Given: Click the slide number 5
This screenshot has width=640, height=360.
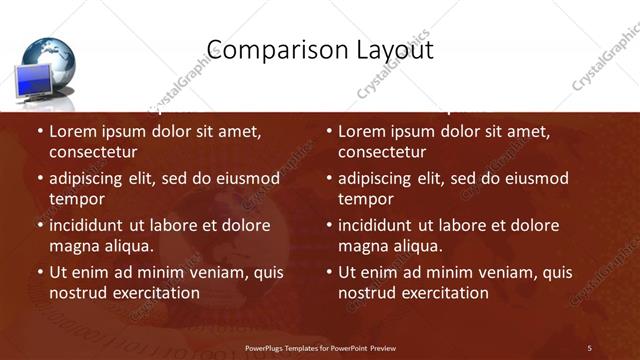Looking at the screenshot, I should point(590,347).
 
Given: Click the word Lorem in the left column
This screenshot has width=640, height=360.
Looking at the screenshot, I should point(75,131).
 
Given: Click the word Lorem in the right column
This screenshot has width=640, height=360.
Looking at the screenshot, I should point(364,131).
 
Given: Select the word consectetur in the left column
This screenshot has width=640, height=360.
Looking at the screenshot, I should point(93,152).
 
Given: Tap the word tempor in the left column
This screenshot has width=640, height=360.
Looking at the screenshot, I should point(75,199).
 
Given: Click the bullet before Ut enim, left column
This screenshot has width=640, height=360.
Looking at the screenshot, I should point(40,272).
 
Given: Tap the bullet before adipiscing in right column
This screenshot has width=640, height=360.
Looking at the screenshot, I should point(329,179).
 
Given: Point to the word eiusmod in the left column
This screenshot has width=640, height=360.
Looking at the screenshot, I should point(242,178).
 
